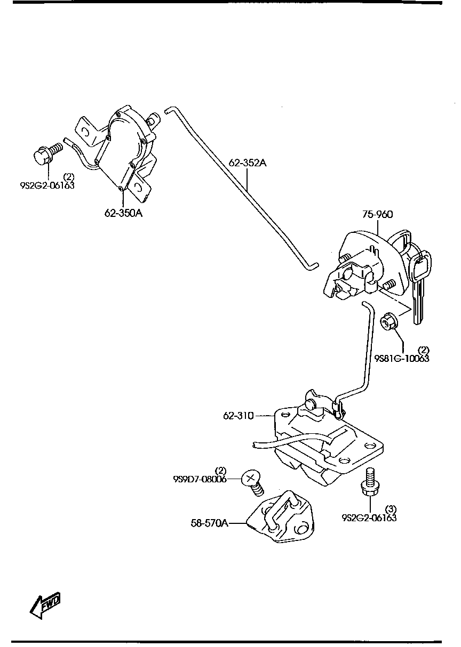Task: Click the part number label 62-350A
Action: pos(123,213)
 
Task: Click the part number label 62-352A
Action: pos(248,163)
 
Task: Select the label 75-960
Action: pos(378,215)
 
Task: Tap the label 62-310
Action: pos(238,415)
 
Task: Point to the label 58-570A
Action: pos(210,523)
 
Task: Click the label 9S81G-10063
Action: pos(401,358)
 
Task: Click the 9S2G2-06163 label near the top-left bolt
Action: pos(47,185)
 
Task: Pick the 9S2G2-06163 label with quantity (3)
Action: pos(369,517)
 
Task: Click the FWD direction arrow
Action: pos(46,605)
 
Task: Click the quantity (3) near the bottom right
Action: pos(391,509)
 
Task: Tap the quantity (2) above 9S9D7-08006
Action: pos(220,471)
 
